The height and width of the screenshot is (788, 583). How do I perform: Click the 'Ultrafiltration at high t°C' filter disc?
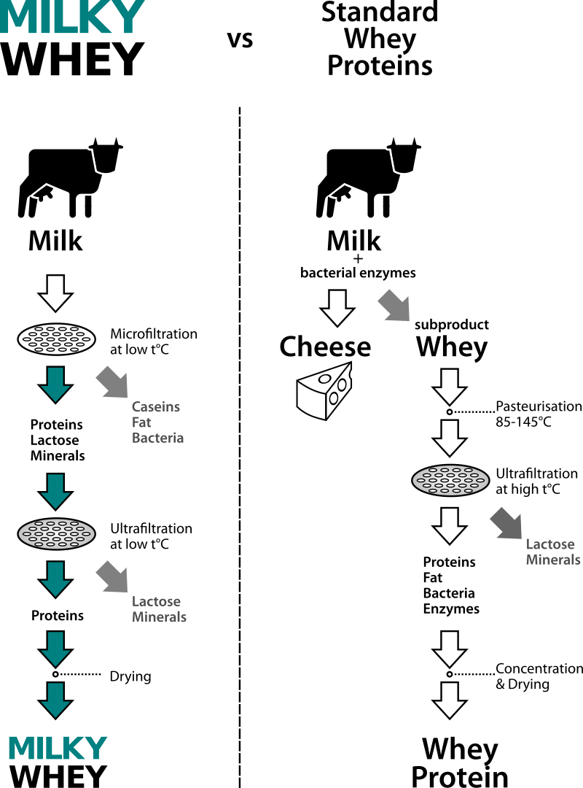(451, 479)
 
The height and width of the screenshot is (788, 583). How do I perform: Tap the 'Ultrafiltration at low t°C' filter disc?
(57, 533)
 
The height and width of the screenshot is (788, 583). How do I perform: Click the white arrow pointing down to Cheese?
(337, 307)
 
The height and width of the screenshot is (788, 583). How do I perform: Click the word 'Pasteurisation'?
(539, 406)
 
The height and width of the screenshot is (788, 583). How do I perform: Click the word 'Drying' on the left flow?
(130, 676)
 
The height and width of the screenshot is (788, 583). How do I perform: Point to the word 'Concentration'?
(539, 669)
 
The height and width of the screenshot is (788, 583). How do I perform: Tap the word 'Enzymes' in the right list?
(451, 609)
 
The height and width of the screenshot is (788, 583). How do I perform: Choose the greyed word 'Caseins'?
(156, 407)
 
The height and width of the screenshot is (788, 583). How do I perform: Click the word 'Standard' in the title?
(380, 12)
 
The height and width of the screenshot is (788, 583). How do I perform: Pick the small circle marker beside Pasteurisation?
(450, 413)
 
